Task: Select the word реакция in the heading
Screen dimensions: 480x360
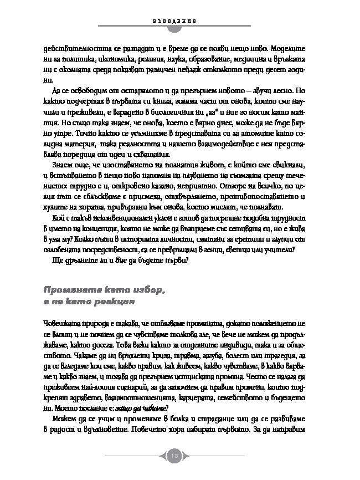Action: click(x=111, y=304)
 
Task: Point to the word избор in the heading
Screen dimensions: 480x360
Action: click(x=146, y=290)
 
